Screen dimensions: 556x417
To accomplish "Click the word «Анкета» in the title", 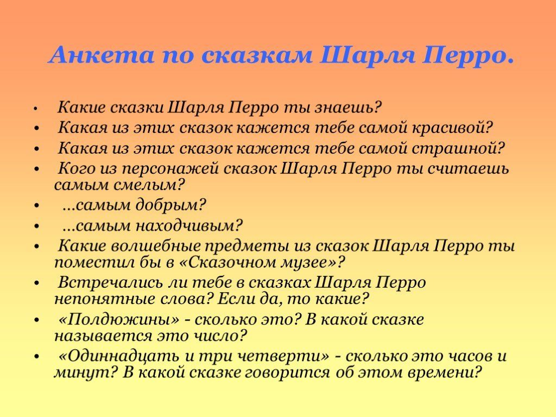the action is [x=102, y=55].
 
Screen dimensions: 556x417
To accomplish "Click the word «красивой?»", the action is [x=452, y=128].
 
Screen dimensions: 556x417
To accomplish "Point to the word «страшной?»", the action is [x=458, y=148].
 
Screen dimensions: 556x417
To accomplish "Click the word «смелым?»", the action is [x=149, y=185].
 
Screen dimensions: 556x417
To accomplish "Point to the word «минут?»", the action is [x=85, y=372].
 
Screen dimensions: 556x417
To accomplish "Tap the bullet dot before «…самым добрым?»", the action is [x=36, y=205].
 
